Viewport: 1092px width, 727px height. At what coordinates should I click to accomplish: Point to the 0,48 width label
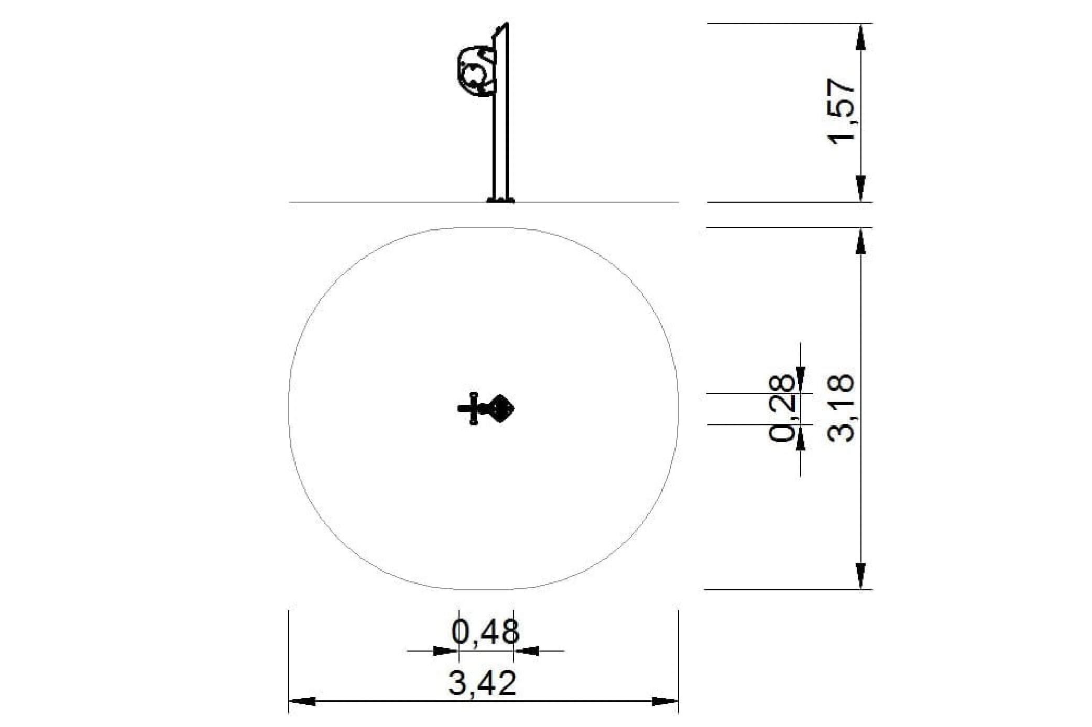486,632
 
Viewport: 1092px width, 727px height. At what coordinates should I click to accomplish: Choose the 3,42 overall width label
483,682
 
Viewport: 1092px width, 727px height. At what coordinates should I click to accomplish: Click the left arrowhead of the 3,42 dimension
302,701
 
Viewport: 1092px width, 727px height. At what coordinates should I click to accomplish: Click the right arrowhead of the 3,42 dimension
665,701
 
